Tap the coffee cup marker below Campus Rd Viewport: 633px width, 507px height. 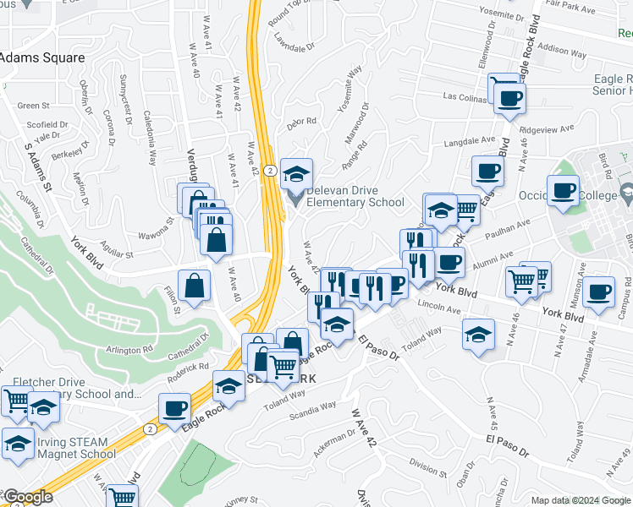pyautogui.click(x=598, y=292)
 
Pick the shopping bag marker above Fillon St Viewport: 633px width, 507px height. pyautogui.click(x=195, y=286)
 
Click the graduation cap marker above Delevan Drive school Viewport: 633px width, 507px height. pyautogui.click(x=296, y=173)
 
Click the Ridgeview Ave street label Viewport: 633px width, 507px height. pyautogui.click(x=547, y=129)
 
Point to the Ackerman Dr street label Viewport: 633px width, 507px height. pyautogui.click(x=330, y=442)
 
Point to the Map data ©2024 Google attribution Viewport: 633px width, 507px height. pyautogui.click(x=581, y=499)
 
